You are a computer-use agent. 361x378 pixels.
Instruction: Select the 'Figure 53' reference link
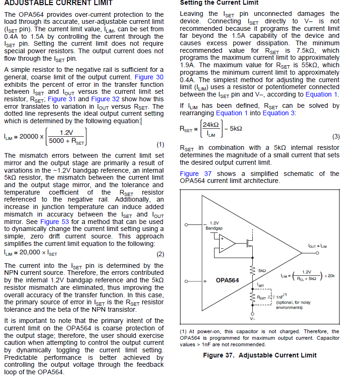tap(55, 222)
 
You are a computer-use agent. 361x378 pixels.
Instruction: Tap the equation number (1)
tap(160, 144)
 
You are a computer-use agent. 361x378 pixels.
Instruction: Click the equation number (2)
tap(160, 254)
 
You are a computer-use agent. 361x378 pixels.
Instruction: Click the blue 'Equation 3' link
tap(278, 113)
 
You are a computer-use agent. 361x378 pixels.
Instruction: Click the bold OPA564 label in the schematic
tap(227, 280)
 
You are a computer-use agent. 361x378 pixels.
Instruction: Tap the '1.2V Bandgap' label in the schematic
tap(214, 225)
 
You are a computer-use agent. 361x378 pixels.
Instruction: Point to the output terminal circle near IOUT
tap(317, 252)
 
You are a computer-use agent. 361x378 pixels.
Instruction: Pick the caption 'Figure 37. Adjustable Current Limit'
tap(260, 355)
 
